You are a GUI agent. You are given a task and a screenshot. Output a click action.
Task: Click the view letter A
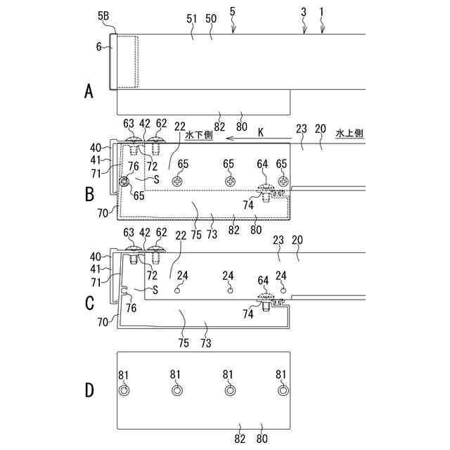point(89,91)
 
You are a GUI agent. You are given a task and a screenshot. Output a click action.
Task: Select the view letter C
point(89,303)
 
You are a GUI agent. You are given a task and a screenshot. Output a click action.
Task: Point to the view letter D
point(89,390)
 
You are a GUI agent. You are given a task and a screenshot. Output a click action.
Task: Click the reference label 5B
point(103,15)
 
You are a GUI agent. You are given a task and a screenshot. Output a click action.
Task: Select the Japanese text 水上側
point(349,133)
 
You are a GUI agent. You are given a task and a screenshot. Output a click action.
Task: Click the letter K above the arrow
point(260,131)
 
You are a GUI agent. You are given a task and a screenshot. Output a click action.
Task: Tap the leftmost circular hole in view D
point(124,390)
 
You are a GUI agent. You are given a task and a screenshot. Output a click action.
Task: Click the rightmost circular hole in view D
point(283,390)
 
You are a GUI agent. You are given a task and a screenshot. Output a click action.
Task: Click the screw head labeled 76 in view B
point(125,181)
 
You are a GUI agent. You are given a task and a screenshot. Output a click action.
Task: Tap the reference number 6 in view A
point(99,47)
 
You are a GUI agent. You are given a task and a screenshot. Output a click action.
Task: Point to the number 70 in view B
point(103,210)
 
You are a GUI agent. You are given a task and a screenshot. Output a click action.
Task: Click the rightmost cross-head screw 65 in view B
point(283,181)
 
